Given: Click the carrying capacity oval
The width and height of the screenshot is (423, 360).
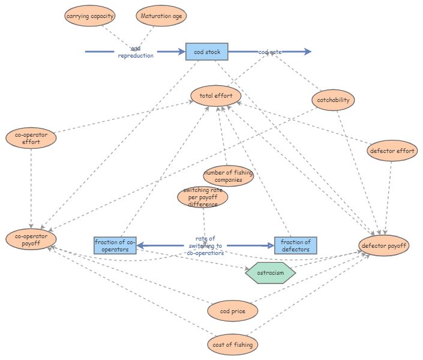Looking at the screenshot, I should (89, 16).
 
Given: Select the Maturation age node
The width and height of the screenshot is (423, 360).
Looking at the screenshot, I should (161, 16).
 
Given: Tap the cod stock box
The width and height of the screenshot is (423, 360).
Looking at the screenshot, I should (206, 52).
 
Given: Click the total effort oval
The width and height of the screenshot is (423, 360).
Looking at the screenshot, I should (216, 95).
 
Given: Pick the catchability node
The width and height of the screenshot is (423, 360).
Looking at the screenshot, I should (334, 100).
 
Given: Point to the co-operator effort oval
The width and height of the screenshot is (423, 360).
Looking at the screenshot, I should (31, 139).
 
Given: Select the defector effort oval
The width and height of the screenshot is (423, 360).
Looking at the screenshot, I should (392, 151).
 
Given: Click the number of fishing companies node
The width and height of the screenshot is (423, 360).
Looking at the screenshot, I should (228, 176).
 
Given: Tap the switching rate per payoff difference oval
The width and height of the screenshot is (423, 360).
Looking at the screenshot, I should (203, 197).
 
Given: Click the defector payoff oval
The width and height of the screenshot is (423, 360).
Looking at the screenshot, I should (384, 245).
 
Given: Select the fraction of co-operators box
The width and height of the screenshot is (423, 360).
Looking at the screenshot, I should (115, 245).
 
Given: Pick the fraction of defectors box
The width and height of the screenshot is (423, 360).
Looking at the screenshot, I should (295, 245).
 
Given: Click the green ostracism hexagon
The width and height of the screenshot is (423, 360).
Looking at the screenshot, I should (271, 273).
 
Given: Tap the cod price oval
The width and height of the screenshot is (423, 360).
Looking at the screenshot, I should (233, 311).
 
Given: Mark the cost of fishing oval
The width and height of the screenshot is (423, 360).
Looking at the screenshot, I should (233, 345).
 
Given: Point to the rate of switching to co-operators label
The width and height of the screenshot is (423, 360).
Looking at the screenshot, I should (205, 245).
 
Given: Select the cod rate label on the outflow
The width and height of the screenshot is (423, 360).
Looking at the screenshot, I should (270, 52).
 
